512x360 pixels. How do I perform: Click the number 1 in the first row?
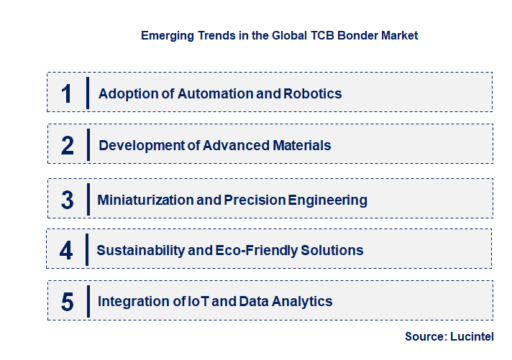[67, 93]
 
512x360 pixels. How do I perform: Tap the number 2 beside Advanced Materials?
[68, 146]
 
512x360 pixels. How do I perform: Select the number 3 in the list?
[67, 200]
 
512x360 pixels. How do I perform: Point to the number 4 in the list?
[67, 251]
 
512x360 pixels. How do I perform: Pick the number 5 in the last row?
[67, 302]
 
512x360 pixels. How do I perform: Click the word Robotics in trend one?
[313, 93]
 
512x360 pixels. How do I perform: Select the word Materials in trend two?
[302, 145]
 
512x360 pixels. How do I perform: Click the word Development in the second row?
[141, 145]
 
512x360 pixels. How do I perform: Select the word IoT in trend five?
[198, 301]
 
